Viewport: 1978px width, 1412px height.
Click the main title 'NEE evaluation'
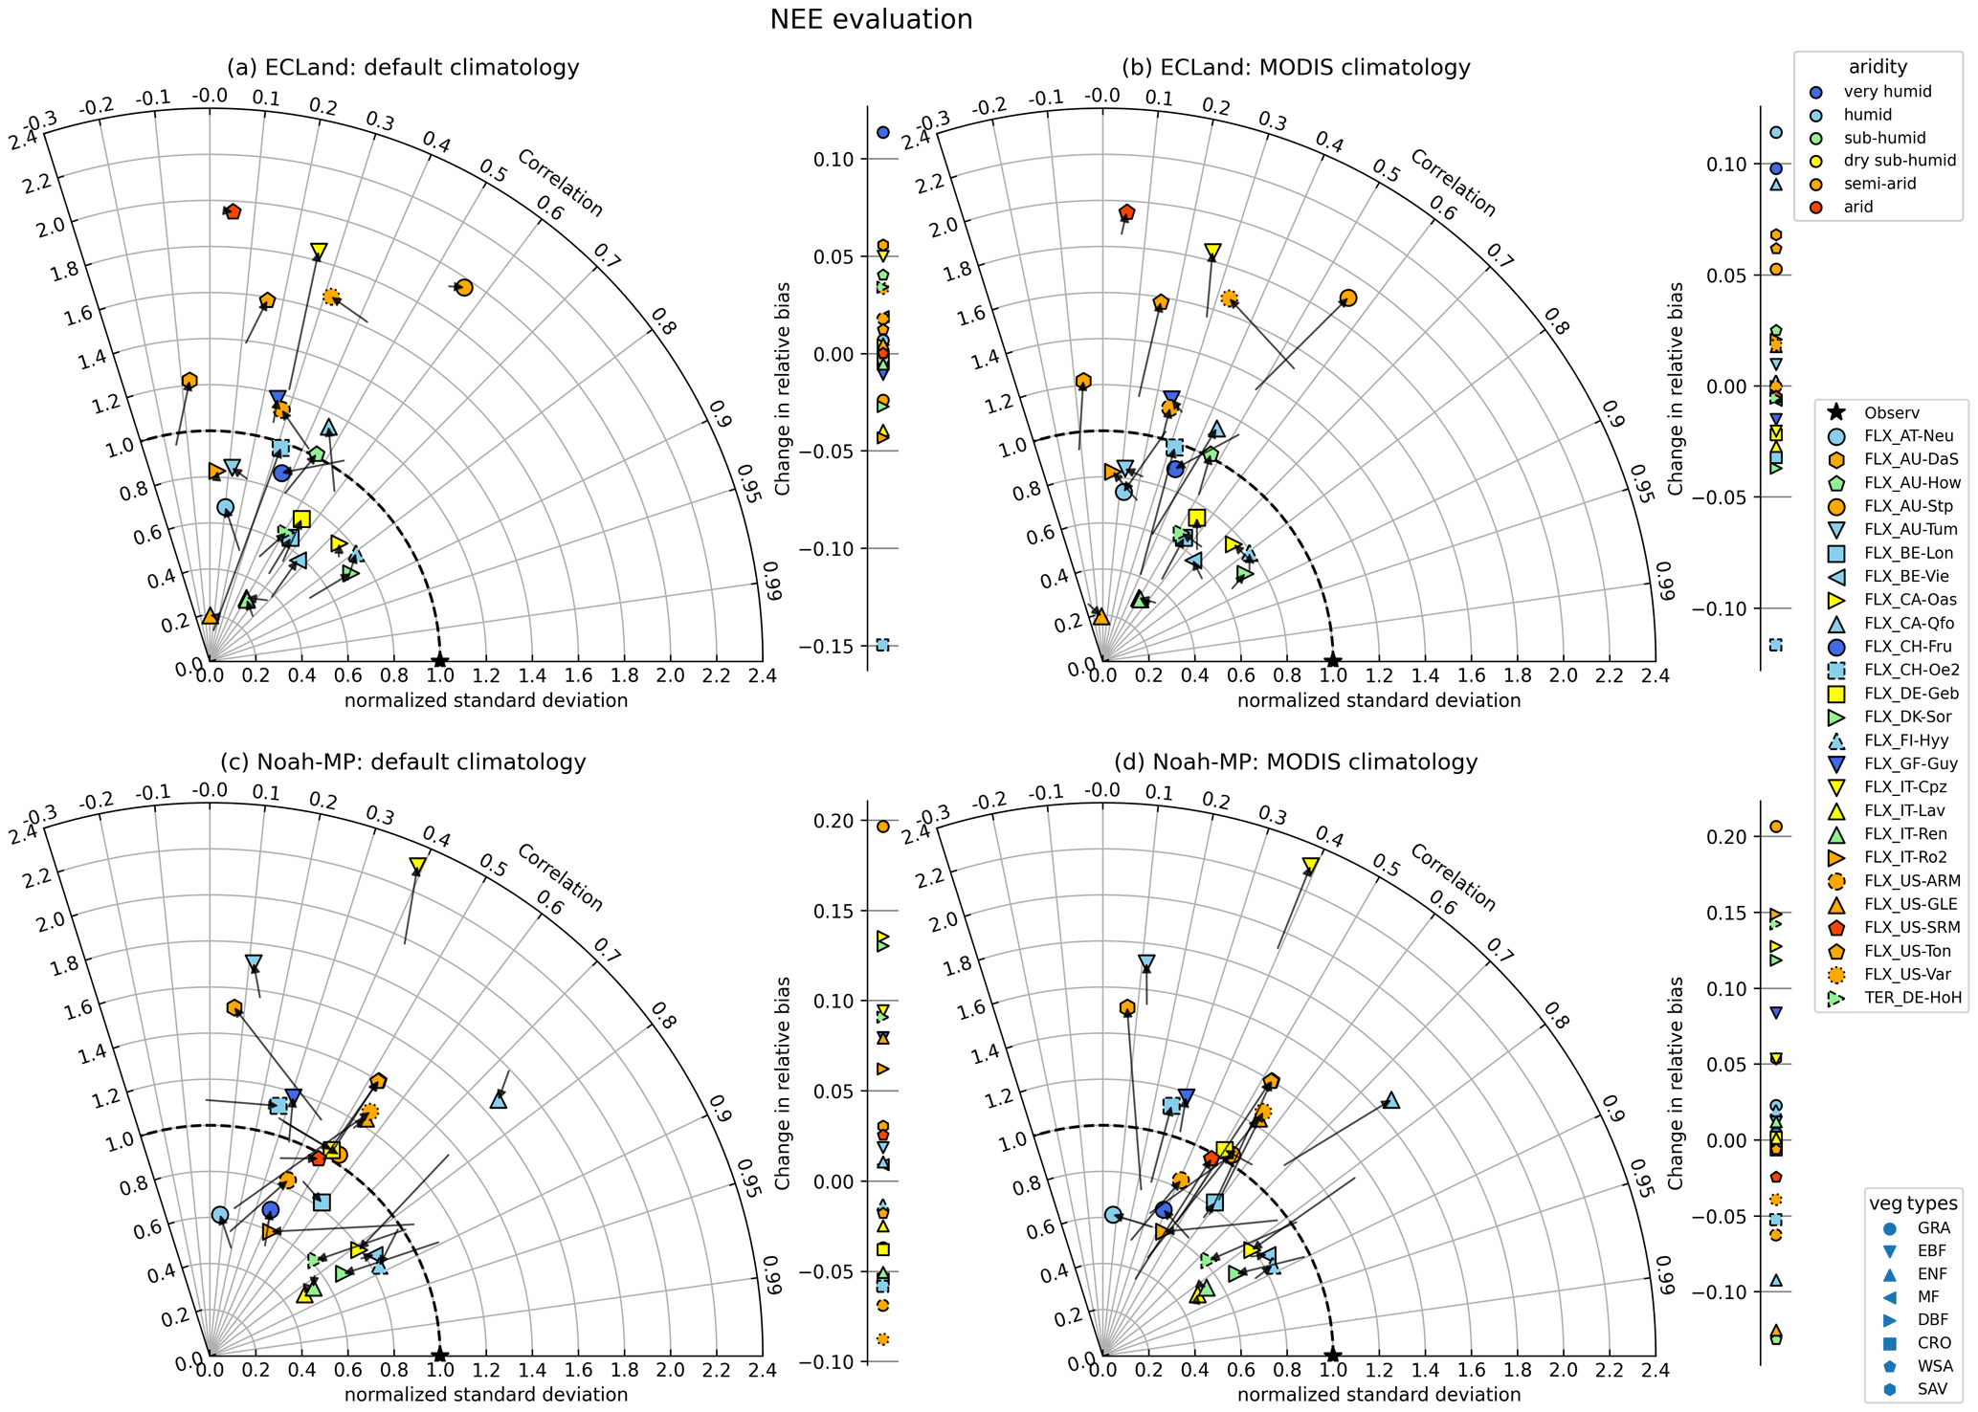[x=871, y=19]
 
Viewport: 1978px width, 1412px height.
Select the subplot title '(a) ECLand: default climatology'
[x=403, y=68]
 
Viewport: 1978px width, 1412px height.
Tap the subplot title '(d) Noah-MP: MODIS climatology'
[x=1296, y=762]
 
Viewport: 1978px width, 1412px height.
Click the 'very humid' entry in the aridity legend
[x=1879, y=92]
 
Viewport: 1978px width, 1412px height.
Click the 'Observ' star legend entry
[x=1891, y=413]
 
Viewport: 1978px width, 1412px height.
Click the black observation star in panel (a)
[x=439, y=661]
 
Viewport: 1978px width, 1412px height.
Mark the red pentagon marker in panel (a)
[x=233, y=211]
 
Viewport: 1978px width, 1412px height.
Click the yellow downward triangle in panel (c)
[x=418, y=866]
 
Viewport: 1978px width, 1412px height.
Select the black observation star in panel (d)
[x=1332, y=1356]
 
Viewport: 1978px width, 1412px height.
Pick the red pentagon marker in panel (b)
[x=1126, y=212]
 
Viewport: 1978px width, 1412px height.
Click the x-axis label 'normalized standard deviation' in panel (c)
[x=486, y=1394]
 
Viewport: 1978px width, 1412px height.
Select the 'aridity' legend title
[x=1878, y=67]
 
